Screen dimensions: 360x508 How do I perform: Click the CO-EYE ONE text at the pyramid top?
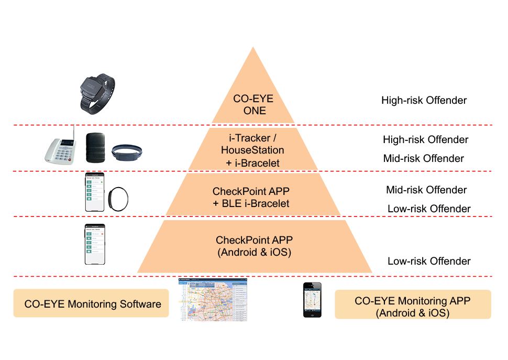coord(254,104)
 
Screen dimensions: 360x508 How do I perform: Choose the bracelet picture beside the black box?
coord(126,152)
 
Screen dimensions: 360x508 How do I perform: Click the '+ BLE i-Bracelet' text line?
coord(251,203)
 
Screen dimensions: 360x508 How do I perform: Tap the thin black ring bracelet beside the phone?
coord(117,199)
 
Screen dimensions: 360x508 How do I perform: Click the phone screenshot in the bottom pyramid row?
coord(95,245)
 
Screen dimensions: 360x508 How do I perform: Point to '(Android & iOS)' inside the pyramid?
coord(253,252)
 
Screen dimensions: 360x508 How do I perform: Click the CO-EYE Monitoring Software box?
coord(91,303)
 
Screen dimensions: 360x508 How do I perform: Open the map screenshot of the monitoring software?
coord(212,300)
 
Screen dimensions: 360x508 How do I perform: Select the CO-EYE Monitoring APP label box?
coord(413,304)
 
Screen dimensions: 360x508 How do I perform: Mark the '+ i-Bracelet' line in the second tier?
coord(253,163)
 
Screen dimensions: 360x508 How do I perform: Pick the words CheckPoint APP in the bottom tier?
coord(254,240)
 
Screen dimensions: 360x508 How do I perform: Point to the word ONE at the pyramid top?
coord(254,111)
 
